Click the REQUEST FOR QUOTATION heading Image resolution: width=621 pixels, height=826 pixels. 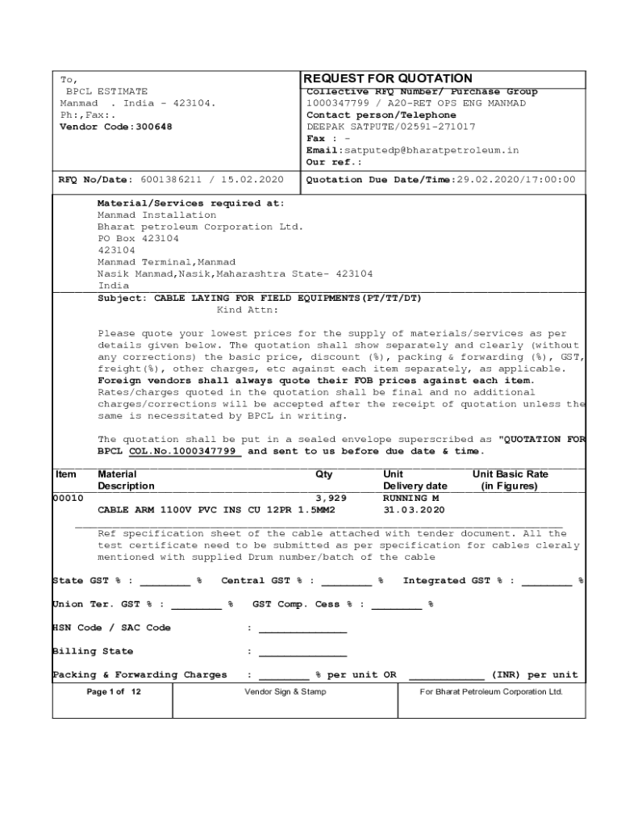click(387, 78)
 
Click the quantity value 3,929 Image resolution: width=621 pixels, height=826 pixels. click(331, 499)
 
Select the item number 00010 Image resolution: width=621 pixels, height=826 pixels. click(68, 499)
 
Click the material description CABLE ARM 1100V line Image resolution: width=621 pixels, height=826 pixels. click(216, 511)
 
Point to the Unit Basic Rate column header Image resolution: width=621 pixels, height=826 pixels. click(510, 480)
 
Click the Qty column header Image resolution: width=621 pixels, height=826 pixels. click(323, 474)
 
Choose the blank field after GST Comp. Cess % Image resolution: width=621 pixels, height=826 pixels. click(396, 604)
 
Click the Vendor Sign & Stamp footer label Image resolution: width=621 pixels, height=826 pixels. click(285, 692)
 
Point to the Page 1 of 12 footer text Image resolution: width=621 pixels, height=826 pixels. click(113, 692)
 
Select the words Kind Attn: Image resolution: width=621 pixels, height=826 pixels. click(248, 310)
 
